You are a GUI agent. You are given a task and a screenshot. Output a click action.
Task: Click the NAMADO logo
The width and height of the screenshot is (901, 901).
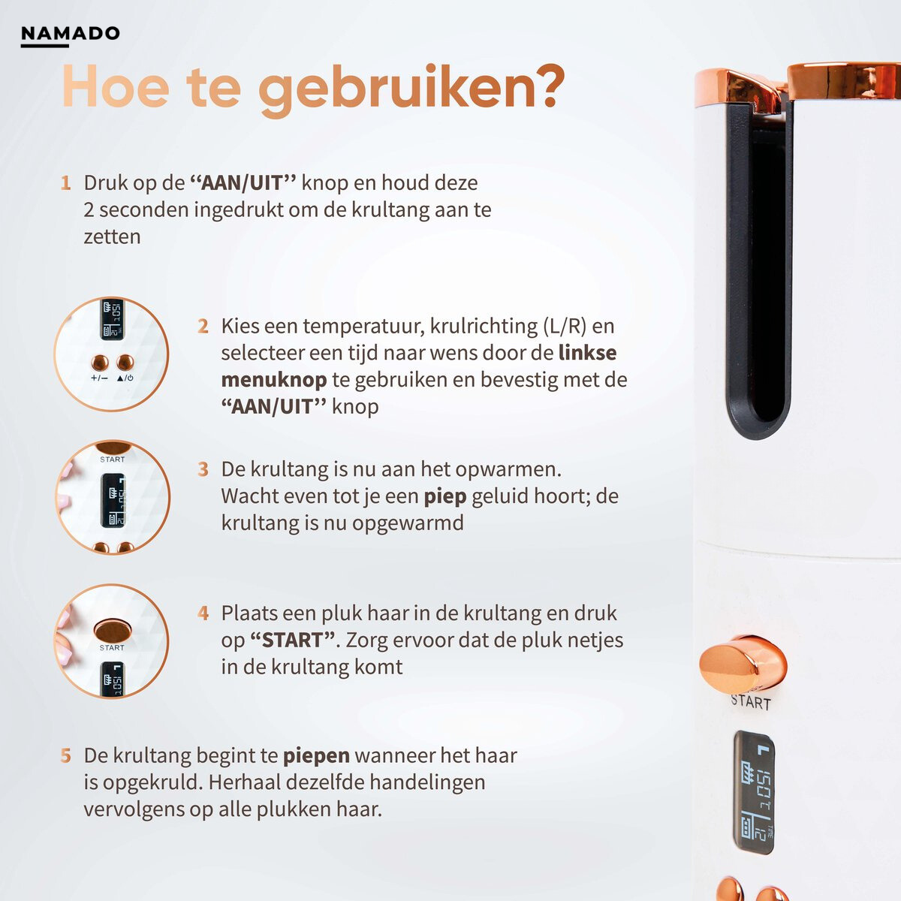tap(70, 34)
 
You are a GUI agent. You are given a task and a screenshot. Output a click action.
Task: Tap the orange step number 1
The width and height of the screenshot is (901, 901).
tap(66, 183)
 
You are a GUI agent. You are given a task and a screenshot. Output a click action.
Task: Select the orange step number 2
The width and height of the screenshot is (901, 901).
tap(203, 327)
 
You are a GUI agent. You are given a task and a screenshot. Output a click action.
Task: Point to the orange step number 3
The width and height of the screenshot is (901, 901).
tap(203, 470)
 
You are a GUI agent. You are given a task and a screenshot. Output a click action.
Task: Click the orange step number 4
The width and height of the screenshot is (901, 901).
tap(203, 613)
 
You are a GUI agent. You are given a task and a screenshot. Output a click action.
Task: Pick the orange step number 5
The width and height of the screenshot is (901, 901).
tap(66, 756)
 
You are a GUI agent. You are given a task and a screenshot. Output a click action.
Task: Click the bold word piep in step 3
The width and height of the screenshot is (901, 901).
tap(444, 496)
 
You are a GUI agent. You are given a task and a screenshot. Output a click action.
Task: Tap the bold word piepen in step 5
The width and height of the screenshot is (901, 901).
tap(316, 755)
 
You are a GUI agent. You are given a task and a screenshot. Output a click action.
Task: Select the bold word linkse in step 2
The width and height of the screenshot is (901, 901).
tap(588, 353)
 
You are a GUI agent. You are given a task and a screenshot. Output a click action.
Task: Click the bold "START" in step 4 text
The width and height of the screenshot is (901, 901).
tap(292, 640)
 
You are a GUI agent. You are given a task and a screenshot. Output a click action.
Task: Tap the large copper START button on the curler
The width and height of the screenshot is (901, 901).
tap(742, 664)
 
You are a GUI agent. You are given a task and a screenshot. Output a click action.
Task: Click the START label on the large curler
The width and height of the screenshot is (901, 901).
tap(751, 702)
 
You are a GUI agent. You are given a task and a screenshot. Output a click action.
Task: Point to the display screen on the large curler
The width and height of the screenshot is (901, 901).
tap(753, 792)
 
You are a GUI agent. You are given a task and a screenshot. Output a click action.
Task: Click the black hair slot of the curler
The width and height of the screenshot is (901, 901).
tap(758, 270)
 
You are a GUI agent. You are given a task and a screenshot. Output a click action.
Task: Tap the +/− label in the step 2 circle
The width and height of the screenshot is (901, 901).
tap(99, 378)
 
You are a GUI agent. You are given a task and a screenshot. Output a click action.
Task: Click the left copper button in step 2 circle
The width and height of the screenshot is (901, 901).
tap(100, 362)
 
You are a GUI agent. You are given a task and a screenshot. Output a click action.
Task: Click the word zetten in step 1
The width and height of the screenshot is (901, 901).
tap(112, 237)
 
